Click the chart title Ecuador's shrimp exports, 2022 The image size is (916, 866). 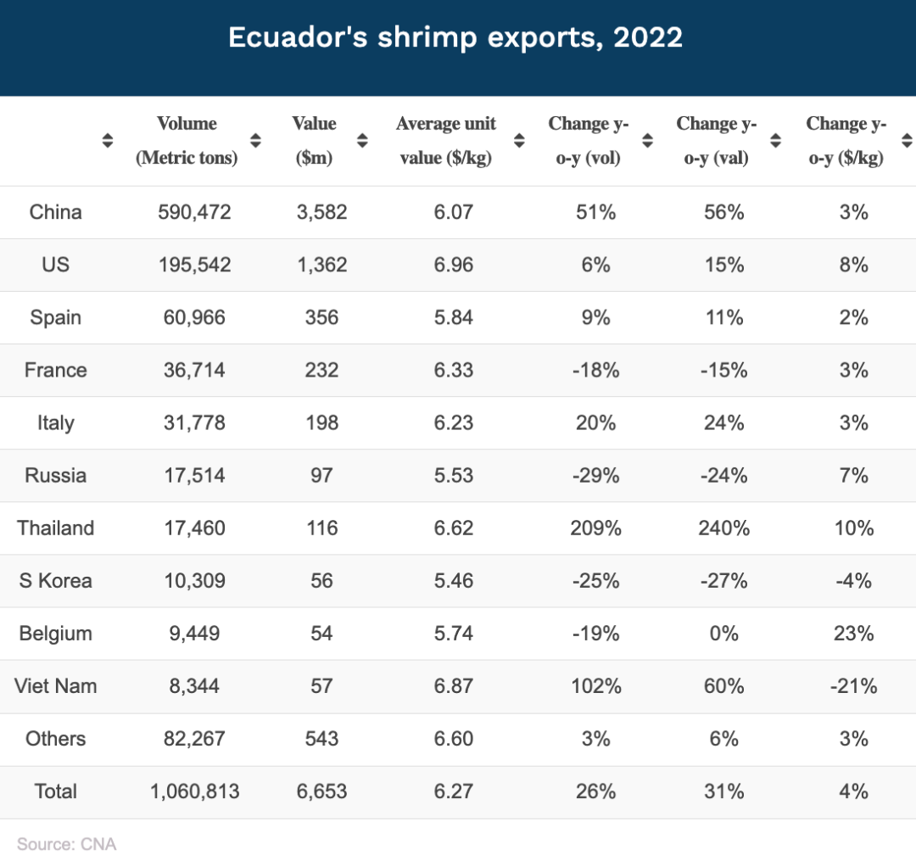(x=455, y=38)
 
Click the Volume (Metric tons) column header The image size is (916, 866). (x=187, y=141)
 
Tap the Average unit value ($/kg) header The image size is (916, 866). (x=446, y=141)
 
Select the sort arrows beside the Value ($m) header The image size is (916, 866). (x=362, y=141)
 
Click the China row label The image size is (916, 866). (x=55, y=212)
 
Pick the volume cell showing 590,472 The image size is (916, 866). (x=194, y=212)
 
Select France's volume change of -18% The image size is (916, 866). (x=595, y=370)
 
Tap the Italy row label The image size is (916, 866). (x=55, y=422)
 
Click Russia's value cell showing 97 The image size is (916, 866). (x=321, y=475)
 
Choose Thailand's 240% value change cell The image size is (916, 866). (x=723, y=528)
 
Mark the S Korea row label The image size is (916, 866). (x=55, y=580)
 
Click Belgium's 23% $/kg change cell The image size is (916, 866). (x=853, y=633)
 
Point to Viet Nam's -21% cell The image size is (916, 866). (x=853, y=685)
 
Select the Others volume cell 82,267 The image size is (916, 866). (x=194, y=738)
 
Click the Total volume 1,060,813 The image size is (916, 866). (x=194, y=791)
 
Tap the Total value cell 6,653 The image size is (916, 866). (x=321, y=791)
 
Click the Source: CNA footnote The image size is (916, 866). (x=66, y=844)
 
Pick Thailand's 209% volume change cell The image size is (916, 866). (x=595, y=528)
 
